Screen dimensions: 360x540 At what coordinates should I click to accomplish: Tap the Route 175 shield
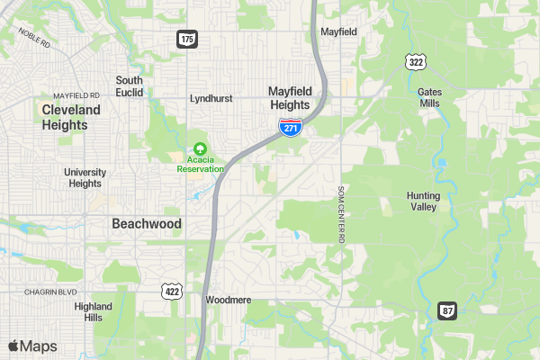[186, 39]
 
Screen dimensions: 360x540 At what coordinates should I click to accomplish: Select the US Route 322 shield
[415, 61]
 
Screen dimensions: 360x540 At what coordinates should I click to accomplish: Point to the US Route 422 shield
[171, 290]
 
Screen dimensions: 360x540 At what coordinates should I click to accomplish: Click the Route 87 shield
[447, 310]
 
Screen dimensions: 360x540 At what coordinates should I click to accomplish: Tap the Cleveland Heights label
[71, 117]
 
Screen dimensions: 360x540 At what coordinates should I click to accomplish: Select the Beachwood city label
[146, 223]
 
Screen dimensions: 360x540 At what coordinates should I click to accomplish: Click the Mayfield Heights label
[290, 97]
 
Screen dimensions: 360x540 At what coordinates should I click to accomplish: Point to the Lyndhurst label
[211, 98]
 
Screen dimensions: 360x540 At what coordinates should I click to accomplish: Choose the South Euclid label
[129, 86]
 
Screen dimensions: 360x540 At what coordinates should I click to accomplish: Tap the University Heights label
[85, 177]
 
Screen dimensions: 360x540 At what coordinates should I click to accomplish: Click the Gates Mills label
[429, 97]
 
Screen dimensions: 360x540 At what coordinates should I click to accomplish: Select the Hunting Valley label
[422, 201]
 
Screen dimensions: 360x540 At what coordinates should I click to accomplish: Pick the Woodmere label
[228, 300]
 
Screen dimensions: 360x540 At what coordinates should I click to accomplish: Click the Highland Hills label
[94, 311]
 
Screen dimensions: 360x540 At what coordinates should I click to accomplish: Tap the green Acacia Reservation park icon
[200, 149]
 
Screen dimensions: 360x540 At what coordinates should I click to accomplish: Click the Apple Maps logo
[32, 346]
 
